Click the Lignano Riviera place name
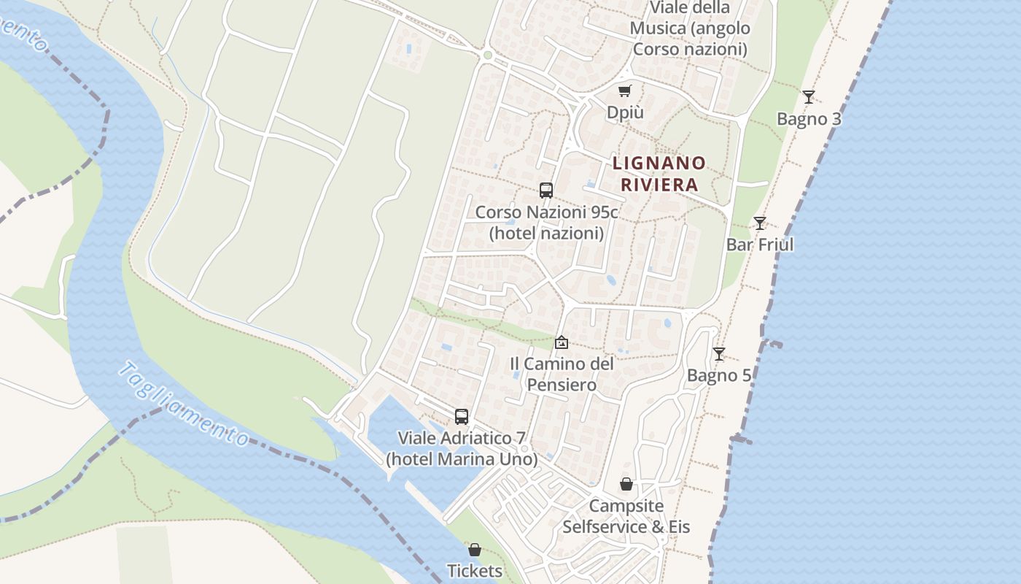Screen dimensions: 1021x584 659,174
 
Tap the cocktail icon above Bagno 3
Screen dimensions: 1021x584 808,97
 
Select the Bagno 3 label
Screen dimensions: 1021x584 809,119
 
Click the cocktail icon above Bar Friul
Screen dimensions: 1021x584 760,223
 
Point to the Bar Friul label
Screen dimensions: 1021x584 760,245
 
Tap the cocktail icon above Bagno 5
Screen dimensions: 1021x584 719,354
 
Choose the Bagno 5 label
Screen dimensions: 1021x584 719,376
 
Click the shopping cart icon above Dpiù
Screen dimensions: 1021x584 625,91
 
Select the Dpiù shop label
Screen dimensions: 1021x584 625,113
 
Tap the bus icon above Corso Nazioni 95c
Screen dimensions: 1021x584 546,191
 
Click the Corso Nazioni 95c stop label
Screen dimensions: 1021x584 546,223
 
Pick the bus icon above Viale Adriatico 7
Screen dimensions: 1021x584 462,417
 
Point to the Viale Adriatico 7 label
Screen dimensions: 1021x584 462,449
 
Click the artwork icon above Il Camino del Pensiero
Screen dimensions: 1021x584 562,342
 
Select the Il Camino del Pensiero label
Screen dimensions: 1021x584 562,374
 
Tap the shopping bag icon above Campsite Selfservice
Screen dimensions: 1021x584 626,484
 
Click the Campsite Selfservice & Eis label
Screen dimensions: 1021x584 626,516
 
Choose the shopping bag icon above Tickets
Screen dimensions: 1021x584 475,550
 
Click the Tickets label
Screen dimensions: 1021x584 475,571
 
